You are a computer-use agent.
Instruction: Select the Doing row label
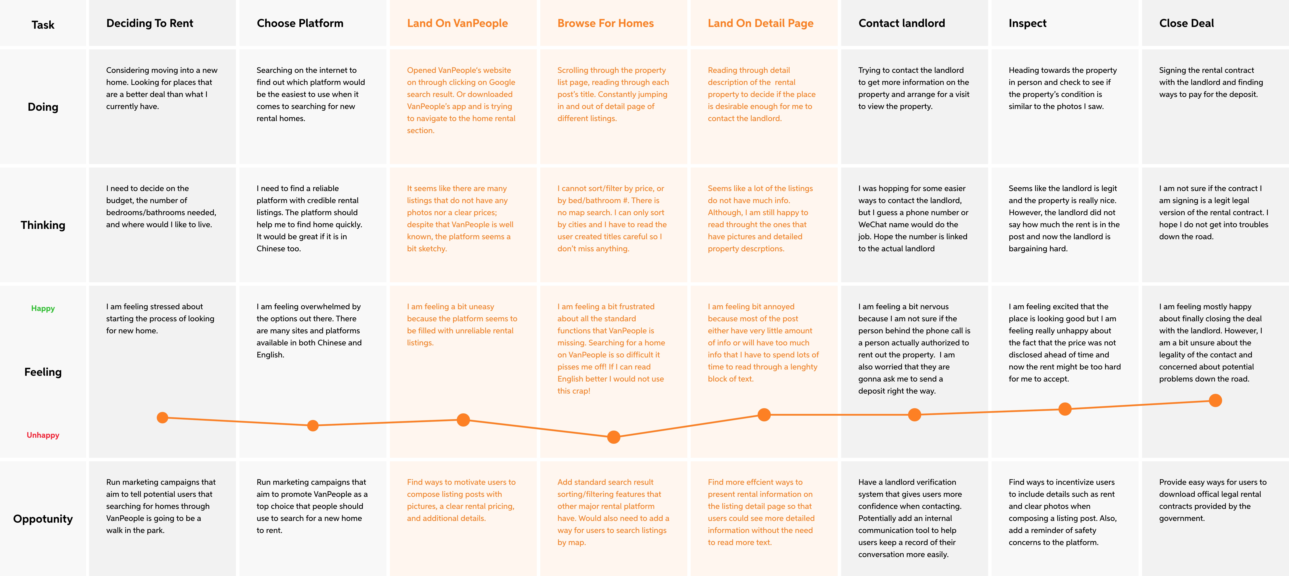point(43,107)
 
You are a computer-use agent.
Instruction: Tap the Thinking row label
point(43,225)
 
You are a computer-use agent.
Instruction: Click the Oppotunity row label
point(43,519)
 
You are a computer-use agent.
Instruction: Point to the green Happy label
point(43,309)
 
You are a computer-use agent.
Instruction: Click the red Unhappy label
point(43,435)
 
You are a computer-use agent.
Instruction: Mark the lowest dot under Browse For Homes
point(613,437)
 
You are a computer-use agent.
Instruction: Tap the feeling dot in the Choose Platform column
point(313,426)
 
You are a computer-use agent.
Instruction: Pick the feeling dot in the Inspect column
point(1065,409)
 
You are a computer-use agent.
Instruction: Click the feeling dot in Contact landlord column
point(914,415)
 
